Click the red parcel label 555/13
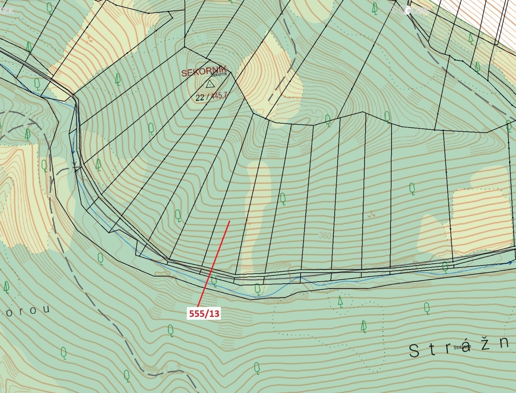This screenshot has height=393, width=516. pyautogui.click(x=204, y=314)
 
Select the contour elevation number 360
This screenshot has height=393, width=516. pyautogui.click(x=325, y=235)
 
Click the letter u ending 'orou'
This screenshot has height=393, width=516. pyautogui.click(x=46, y=310)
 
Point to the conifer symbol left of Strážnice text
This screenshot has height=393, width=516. pyautogui.click(x=364, y=326)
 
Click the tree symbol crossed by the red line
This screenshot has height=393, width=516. pyautogui.click(x=214, y=280)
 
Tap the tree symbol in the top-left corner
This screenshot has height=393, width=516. pyautogui.click(x=49, y=9)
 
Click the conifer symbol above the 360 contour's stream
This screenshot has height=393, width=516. pyautogui.click(x=340, y=302)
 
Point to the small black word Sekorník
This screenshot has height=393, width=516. pyautogui.click(x=219, y=74)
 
